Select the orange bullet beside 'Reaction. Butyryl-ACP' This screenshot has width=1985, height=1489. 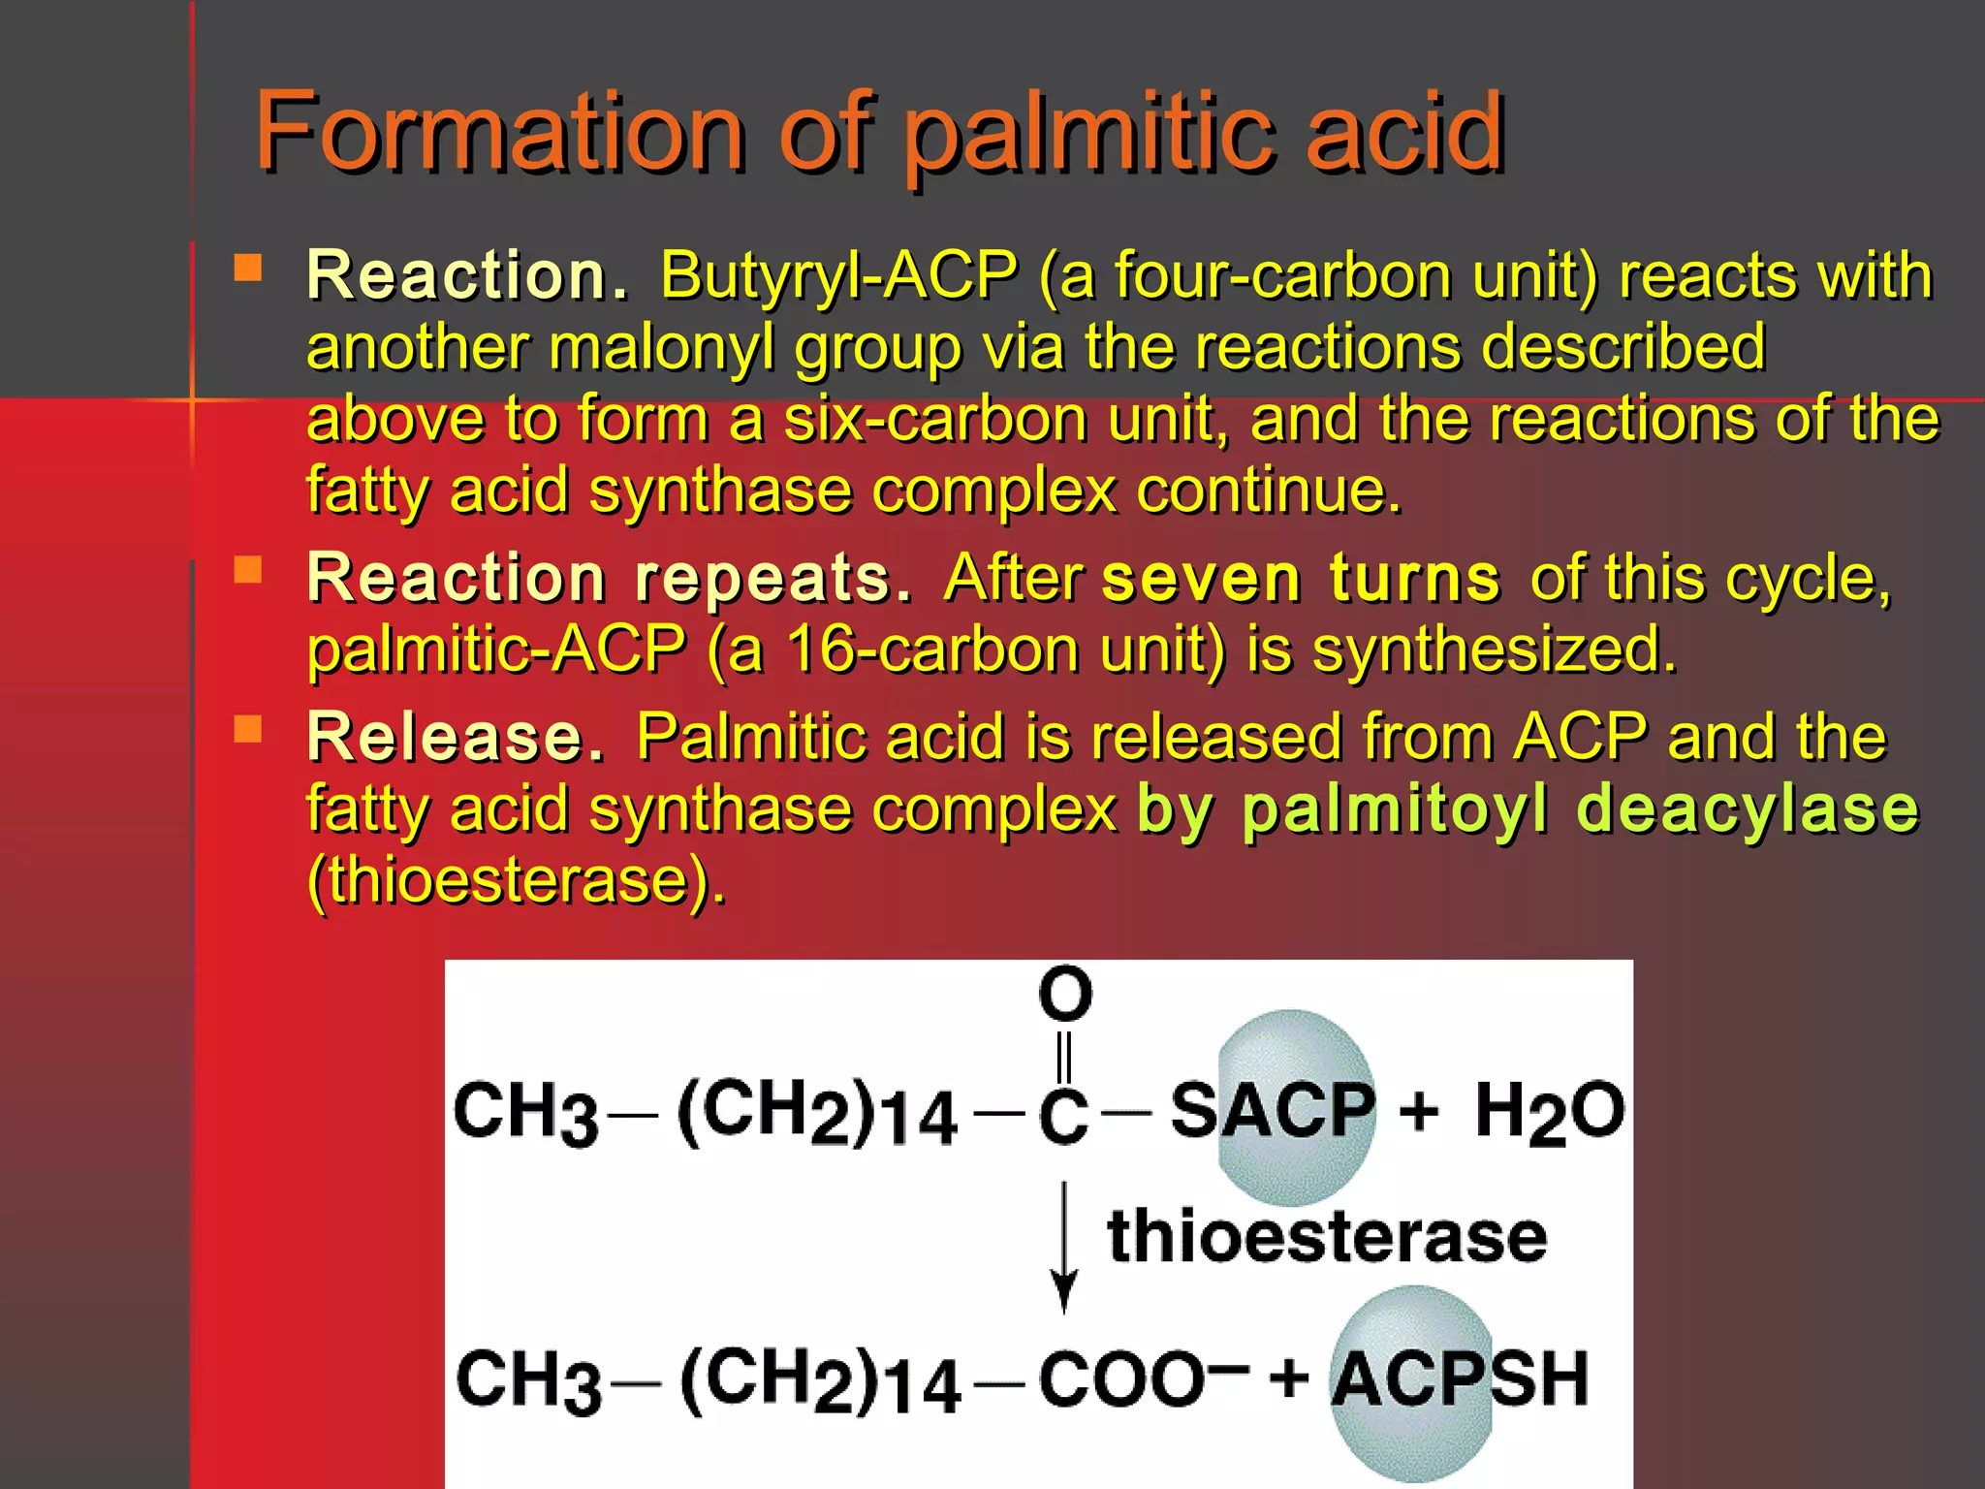(248, 268)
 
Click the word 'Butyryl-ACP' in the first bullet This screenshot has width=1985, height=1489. (839, 276)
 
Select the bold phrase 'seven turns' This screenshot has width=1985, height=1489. (1301, 579)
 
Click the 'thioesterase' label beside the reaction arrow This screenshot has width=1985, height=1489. (1327, 1237)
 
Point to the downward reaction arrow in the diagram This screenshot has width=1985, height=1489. (1064, 1247)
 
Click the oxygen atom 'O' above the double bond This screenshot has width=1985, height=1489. (1065, 994)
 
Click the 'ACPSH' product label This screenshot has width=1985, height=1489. (1460, 1378)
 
